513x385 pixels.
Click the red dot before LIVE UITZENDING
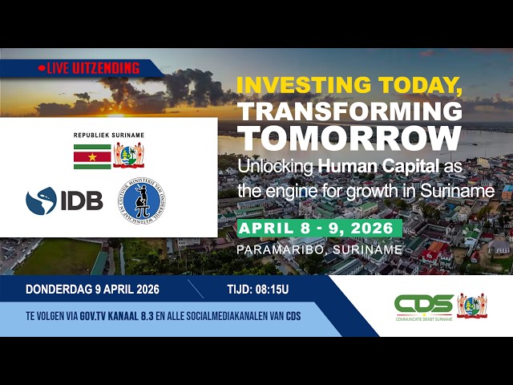pyautogui.click(x=42, y=69)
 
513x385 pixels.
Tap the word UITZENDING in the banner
pyautogui.click(x=108, y=69)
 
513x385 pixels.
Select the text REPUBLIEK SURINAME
pyautogui.click(x=108, y=135)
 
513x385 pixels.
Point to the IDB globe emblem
pyautogui.click(x=41, y=201)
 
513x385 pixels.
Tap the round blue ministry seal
pyautogui.click(x=144, y=201)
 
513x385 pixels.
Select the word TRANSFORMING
pyautogui.click(x=351, y=111)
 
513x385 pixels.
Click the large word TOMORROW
pyautogui.click(x=349, y=139)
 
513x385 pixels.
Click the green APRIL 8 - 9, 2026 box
pyautogui.click(x=320, y=228)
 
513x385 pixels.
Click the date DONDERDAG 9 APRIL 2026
pyautogui.click(x=92, y=290)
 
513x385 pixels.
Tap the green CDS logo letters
pyautogui.click(x=423, y=304)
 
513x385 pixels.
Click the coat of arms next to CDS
pyautogui.click(x=472, y=305)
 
